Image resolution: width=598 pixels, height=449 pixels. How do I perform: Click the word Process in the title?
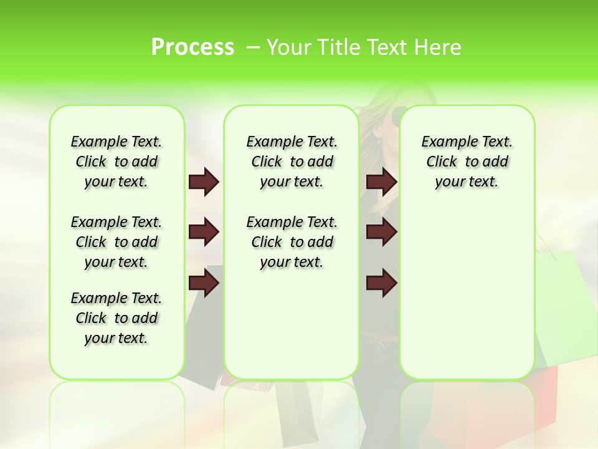tap(192, 47)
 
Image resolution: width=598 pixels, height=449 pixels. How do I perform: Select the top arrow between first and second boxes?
tap(203, 182)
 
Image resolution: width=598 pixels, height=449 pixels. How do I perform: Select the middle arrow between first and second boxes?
tap(203, 233)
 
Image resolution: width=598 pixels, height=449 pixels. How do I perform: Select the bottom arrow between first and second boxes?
tap(203, 284)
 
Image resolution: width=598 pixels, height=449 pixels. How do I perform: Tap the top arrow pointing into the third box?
tap(381, 182)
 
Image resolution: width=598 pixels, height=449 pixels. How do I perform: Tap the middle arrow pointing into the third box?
tap(381, 233)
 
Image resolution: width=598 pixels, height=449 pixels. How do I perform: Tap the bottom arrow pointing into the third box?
tap(381, 284)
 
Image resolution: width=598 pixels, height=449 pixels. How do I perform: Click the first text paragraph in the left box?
tap(116, 162)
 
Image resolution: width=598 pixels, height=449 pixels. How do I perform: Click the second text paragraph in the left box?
tap(116, 242)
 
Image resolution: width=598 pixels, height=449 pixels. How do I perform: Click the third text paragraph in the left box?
tap(116, 318)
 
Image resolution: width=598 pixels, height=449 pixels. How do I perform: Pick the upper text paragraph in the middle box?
tap(292, 162)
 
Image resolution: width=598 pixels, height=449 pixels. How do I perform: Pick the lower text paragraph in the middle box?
tap(292, 242)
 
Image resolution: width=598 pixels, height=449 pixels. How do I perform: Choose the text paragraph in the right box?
tap(467, 162)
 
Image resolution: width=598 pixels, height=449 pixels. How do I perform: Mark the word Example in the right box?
tap(445, 142)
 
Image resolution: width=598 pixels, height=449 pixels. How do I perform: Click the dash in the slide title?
tap(253, 47)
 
